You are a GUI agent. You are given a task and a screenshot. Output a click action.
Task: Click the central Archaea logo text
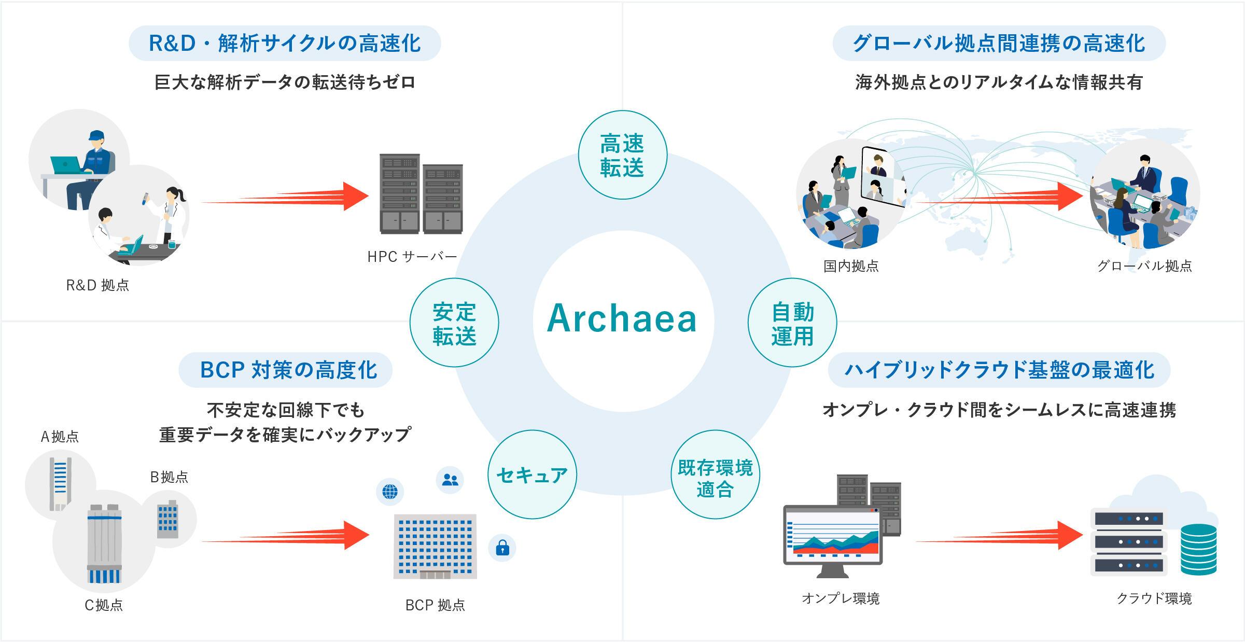pos(622,318)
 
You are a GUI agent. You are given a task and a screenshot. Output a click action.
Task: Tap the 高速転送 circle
pos(622,155)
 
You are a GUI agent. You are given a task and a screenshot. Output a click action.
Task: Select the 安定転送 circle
pos(454,323)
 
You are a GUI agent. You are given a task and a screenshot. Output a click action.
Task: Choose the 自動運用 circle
pos(792,323)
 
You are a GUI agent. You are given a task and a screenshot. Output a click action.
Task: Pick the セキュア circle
pos(532,474)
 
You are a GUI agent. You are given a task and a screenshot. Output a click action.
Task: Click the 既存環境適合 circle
pos(715,474)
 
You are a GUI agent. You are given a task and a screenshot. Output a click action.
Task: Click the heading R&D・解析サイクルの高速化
pos(285,44)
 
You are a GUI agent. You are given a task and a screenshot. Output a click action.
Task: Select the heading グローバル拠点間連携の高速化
pos(999,44)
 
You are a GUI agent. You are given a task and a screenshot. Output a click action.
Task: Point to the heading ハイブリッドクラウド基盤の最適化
pos(999,370)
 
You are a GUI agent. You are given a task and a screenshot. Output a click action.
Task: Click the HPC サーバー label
pos(412,257)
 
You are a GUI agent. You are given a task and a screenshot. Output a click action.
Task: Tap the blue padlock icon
pos(502,548)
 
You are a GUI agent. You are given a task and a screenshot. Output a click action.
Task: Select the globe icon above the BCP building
pos(390,491)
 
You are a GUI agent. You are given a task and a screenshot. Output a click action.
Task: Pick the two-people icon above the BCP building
pos(450,480)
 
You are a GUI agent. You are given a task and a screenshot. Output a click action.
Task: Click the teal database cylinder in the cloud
pos(1198,550)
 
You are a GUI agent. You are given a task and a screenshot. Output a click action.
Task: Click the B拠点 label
pos(169,477)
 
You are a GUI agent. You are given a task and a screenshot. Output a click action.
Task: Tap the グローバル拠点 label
pos(1144,266)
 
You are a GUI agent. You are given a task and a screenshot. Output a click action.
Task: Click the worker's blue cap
pos(96,135)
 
